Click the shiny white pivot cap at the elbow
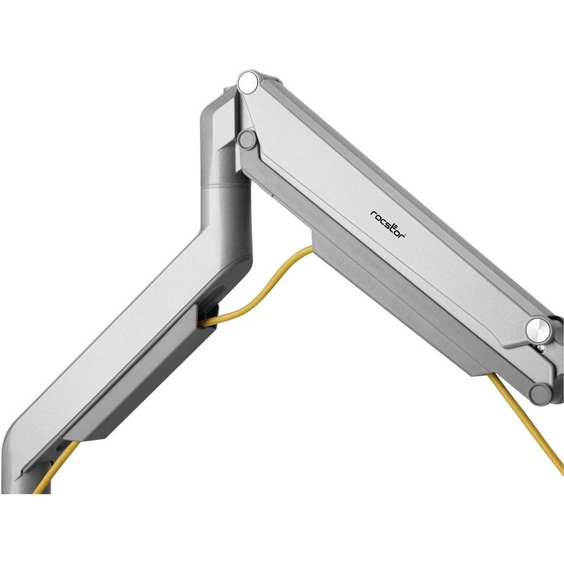[x=248, y=81]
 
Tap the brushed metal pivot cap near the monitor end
[x=537, y=327]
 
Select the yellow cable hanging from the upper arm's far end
[x=526, y=420]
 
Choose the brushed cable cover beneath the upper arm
[x=389, y=295]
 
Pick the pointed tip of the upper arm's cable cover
[x=476, y=374]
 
